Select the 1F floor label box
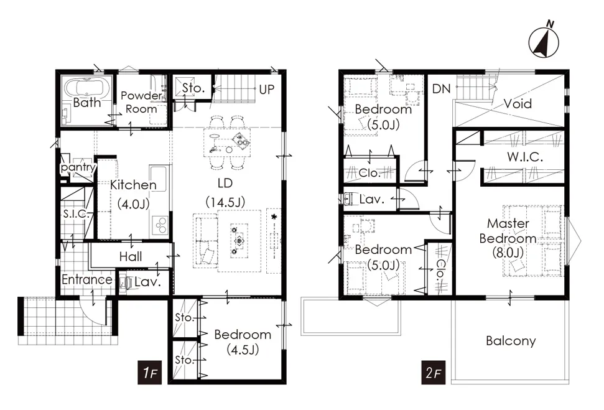pos(150,373)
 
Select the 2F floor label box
pos(434,373)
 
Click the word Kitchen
pos(133,185)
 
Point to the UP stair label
pos(267,90)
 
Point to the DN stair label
pos(442,89)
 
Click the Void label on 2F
pos(518,104)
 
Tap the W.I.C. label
pos(525,157)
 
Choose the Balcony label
pos(511,341)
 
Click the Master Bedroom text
pos(508,231)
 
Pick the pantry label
pos(78,167)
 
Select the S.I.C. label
pos(77,214)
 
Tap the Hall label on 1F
pos(131,256)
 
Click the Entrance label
pos(87,280)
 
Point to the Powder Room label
pos(141,102)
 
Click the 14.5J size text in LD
pos(225,202)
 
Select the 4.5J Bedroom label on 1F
pos(243,342)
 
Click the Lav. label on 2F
pos(372,199)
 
